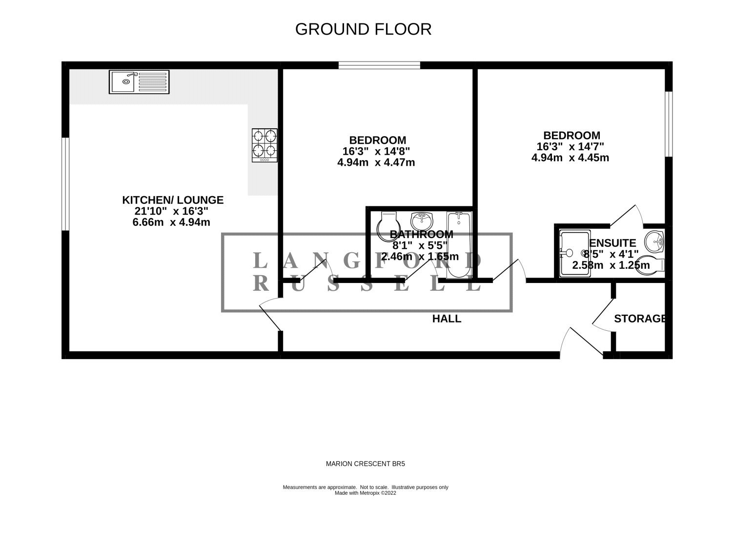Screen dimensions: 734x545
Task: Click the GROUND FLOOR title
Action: [x=363, y=29]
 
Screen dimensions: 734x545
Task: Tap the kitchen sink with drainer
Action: [x=139, y=82]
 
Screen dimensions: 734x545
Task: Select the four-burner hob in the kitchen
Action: [x=265, y=145]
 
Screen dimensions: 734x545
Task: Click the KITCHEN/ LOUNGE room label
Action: [x=173, y=200]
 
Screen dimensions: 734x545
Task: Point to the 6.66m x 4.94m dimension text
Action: [x=171, y=222]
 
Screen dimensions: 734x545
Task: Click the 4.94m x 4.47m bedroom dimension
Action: [x=376, y=162]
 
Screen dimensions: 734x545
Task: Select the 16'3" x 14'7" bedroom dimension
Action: [x=570, y=146]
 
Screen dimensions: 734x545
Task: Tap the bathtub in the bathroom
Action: [x=458, y=245]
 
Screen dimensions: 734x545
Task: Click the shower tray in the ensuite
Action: [x=575, y=254]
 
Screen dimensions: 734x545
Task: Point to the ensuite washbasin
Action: [x=654, y=242]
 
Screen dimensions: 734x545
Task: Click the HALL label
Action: [x=447, y=319]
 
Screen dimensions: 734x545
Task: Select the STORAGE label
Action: [x=640, y=318]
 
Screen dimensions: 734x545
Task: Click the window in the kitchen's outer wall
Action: [x=65, y=184]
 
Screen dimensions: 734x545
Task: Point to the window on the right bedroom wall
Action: [x=669, y=124]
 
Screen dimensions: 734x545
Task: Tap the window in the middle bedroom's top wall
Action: [x=379, y=65]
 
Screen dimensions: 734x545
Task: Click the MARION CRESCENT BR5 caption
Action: [x=366, y=464]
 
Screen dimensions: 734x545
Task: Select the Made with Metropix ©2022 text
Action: [x=366, y=493]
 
